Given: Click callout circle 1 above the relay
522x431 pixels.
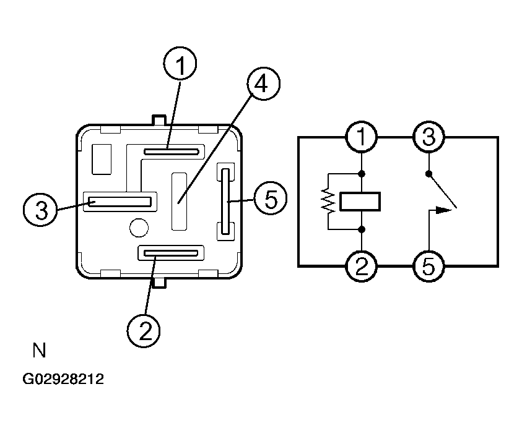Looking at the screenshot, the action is click(180, 63).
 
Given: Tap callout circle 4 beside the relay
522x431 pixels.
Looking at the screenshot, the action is click(263, 83).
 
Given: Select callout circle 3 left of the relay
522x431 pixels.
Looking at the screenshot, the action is click(40, 210).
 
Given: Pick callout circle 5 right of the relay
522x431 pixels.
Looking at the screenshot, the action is click(271, 198).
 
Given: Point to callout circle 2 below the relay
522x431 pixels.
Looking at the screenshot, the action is click(144, 331).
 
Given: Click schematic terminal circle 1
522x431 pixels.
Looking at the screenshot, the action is click(362, 137).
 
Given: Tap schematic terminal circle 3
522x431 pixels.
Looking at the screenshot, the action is click(428, 137).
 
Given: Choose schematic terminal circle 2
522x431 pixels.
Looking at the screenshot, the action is click(362, 266).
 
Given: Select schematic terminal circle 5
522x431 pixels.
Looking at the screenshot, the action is click(428, 266).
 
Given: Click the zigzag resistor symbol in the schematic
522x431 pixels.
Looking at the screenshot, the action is click(328, 201).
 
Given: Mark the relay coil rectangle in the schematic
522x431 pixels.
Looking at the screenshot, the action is click(360, 201).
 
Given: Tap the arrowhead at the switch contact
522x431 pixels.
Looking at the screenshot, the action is click(444, 210).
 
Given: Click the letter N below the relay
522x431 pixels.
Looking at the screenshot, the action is click(39, 350).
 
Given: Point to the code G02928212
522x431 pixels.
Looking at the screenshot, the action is click(63, 379).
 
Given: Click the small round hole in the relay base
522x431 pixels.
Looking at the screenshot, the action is click(139, 228).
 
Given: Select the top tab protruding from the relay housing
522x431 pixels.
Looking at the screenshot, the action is click(159, 120).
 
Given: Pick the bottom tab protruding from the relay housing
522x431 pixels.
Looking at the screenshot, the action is click(159, 283).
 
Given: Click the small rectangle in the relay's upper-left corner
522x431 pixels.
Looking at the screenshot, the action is click(102, 160).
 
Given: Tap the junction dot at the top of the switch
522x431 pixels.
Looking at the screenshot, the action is click(428, 174).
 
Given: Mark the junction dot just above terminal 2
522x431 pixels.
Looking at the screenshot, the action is click(362, 229).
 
